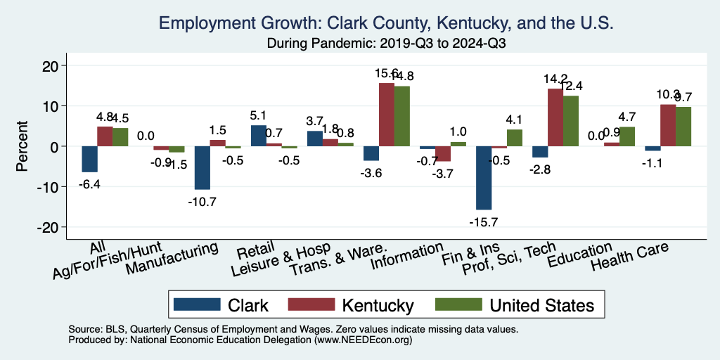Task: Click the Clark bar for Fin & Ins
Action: point(484,178)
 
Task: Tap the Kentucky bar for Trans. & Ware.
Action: point(387,115)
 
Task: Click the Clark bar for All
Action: point(89,159)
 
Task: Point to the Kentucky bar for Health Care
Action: point(668,125)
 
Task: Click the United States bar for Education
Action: point(627,136)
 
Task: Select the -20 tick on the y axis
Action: point(52,227)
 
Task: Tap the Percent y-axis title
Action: point(22,146)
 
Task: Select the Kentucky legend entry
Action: point(378,304)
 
